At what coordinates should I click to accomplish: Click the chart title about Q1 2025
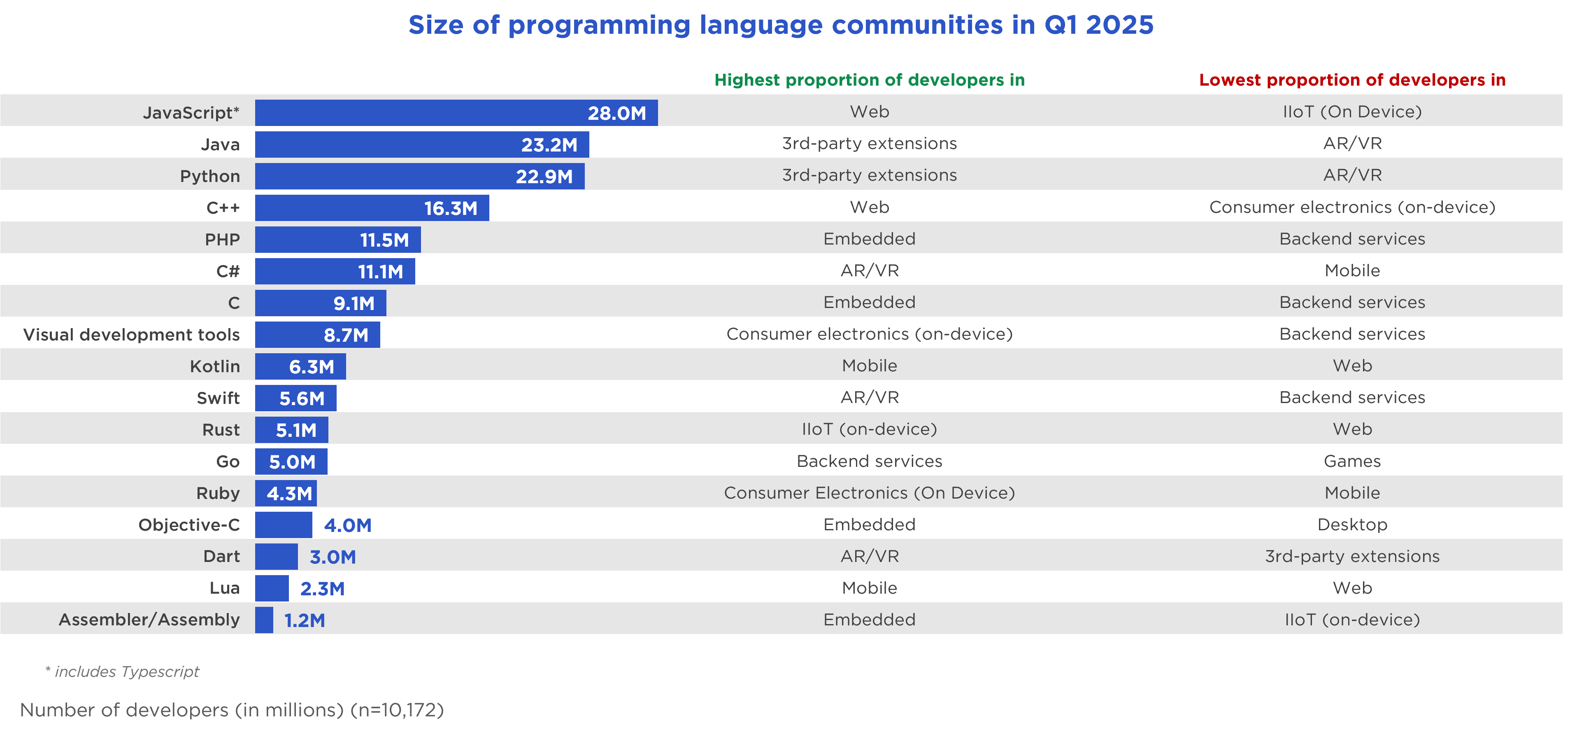point(781,26)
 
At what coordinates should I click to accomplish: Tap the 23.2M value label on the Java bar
point(549,145)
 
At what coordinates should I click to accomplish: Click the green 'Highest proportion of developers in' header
point(869,80)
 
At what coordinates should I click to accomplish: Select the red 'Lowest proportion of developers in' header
point(1352,80)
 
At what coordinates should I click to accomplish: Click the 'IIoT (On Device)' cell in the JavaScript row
point(1352,112)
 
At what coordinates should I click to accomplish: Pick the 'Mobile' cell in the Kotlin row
point(869,366)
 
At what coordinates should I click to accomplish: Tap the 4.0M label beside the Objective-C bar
point(347,525)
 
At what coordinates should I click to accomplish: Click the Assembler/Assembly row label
point(149,620)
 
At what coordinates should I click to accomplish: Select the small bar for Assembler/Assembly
point(264,620)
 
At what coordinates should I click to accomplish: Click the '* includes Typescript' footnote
point(123,671)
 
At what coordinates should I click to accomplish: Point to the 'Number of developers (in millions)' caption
point(232,710)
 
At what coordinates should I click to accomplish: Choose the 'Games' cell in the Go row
point(1352,462)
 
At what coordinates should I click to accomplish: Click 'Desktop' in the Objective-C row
point(1352,525)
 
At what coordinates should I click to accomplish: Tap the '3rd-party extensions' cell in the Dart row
point(1352,557)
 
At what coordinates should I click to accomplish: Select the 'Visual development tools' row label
point(131,335)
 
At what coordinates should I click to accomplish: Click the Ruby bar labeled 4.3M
point(285,493)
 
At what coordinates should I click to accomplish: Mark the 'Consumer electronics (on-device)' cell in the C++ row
point(1352,207)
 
